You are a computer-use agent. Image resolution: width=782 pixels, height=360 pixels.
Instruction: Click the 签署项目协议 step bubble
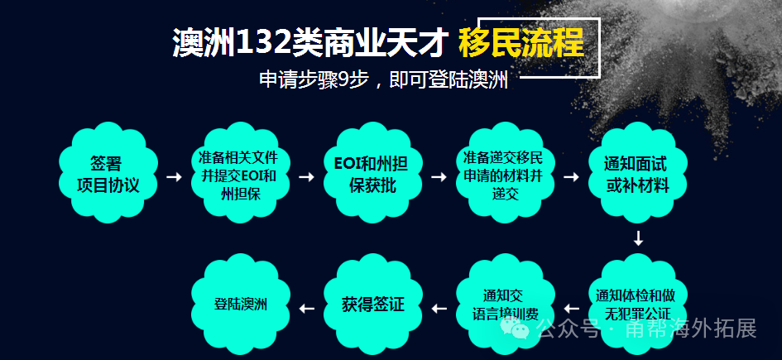108,173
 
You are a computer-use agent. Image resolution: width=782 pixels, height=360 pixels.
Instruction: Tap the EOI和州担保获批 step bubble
372,173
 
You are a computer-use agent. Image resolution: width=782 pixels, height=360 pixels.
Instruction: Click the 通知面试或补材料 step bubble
637,173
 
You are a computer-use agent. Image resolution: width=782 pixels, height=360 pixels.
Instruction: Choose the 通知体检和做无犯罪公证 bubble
637,305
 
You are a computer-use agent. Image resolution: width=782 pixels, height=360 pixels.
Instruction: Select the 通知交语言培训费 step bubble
505,305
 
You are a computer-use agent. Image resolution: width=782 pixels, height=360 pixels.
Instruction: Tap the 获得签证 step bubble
372,305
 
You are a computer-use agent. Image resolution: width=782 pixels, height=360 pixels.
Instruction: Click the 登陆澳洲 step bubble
240,305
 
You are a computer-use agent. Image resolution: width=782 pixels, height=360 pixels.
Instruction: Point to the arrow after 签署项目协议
174,177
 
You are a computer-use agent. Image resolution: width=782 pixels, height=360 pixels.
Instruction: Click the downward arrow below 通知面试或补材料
638,238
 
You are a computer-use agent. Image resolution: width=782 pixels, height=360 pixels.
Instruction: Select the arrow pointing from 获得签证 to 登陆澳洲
307,310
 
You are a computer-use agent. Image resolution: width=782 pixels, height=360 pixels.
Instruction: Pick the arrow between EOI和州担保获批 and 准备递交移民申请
439,177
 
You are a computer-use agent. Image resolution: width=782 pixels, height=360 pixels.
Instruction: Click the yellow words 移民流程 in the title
521,43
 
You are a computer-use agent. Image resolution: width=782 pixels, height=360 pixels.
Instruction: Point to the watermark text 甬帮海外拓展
691,329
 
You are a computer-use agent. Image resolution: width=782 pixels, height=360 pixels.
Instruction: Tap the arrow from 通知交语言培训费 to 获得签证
439,310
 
